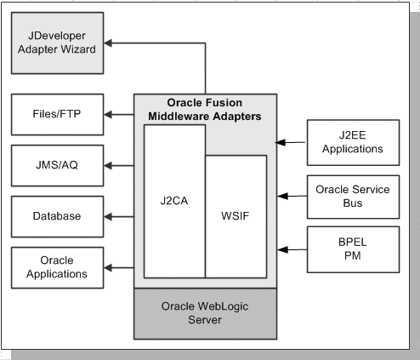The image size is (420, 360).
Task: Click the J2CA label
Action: point(173,203)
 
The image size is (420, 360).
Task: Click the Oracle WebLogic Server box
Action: point(203,312)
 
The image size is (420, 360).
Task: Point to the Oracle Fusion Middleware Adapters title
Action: point(203,110)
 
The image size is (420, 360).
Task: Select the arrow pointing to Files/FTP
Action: point(119,112)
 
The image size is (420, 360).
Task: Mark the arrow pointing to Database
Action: point(119,215)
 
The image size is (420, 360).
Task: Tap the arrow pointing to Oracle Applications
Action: point(119,266)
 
